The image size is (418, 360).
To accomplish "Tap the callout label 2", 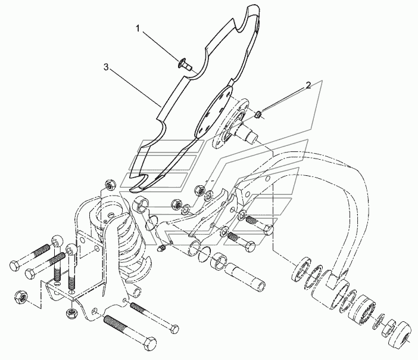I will pos(308,85).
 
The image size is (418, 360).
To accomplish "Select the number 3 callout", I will pos(106,68).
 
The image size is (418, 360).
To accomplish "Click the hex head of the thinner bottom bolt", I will pos(173,328).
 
